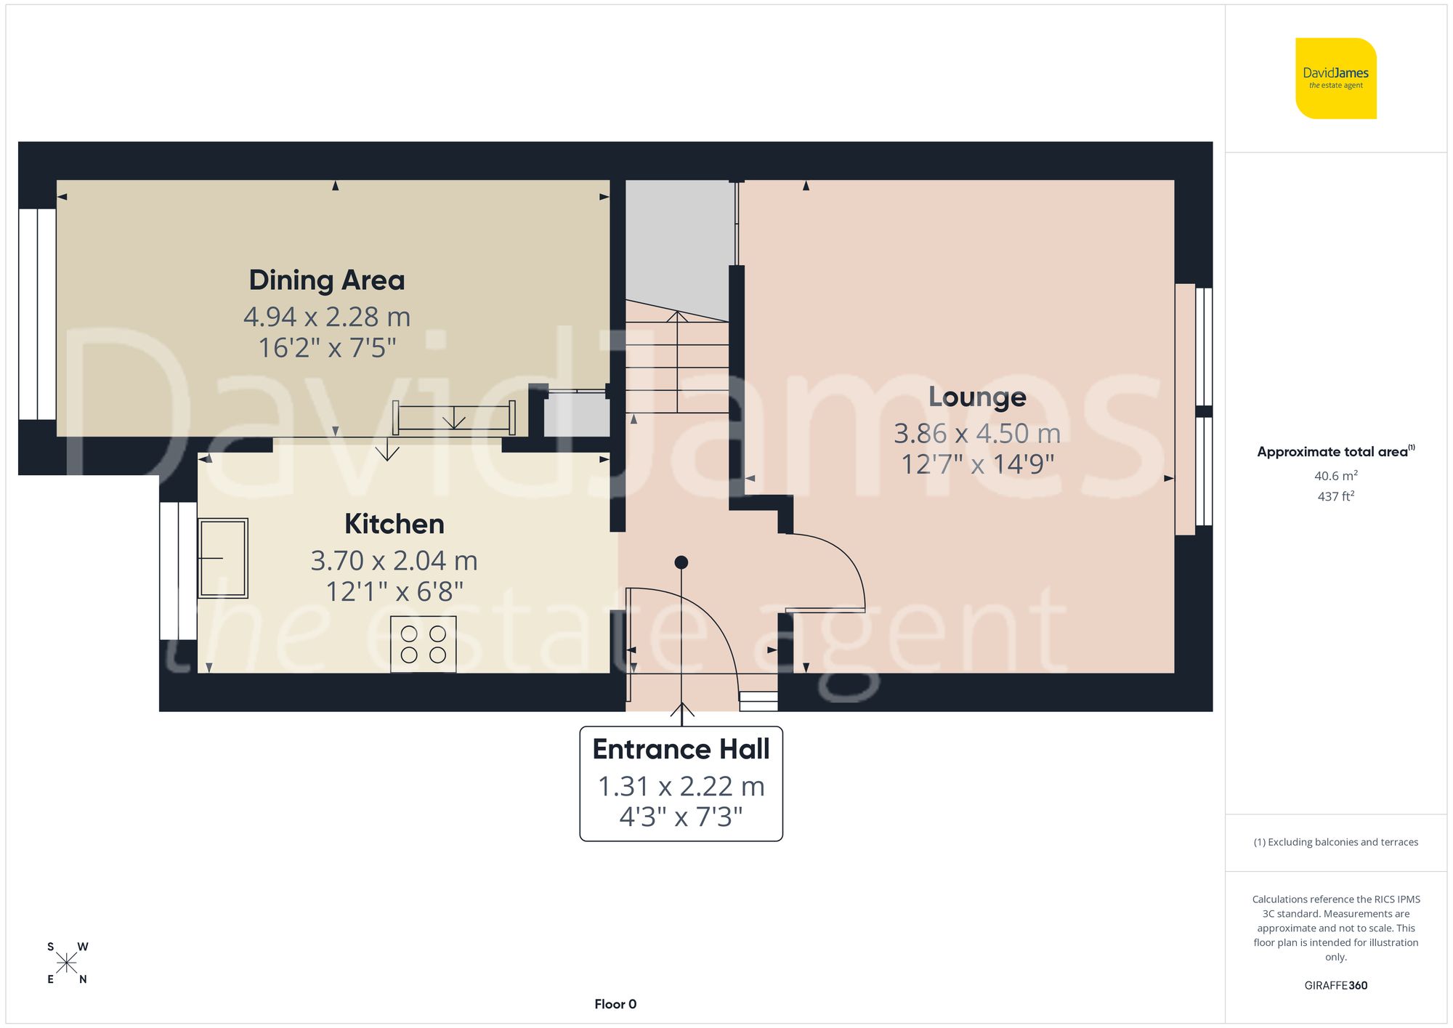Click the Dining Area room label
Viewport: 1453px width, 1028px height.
[x=326, y=280]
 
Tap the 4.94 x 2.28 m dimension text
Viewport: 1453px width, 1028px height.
[x=326, y=317]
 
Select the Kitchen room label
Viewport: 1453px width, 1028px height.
[x=394, y=524]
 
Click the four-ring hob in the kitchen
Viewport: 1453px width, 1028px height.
[x=424, y=644]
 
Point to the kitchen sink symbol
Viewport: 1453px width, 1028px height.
[x=222, y=558]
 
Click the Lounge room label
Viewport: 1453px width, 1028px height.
[x=977, y=397]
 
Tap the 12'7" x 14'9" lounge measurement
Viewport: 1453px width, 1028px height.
[x=977, y=464]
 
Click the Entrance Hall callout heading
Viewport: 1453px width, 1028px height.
[x=681, y=749]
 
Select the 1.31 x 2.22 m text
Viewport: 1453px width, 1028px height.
[x=681, y=786]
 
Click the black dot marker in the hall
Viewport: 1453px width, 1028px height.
[x=681, y=562]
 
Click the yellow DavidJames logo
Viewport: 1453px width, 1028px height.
[x=1335, y=78]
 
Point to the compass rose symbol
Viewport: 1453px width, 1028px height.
[x=67, y=963]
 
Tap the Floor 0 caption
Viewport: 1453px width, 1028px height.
[x=615, y=1004]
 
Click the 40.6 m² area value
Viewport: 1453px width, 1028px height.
[x=1335, y=476]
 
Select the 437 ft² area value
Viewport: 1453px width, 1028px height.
[x=1335, y=496]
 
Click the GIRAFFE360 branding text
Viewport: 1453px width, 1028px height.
[x=1335, y=985]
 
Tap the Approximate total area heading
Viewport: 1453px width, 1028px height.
[x=1335, y=452]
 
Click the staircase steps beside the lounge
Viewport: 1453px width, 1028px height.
[x=676, y=363]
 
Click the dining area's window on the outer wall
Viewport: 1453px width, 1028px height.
[x=37, y=314]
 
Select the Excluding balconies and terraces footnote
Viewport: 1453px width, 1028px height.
[x=1335, y=842]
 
